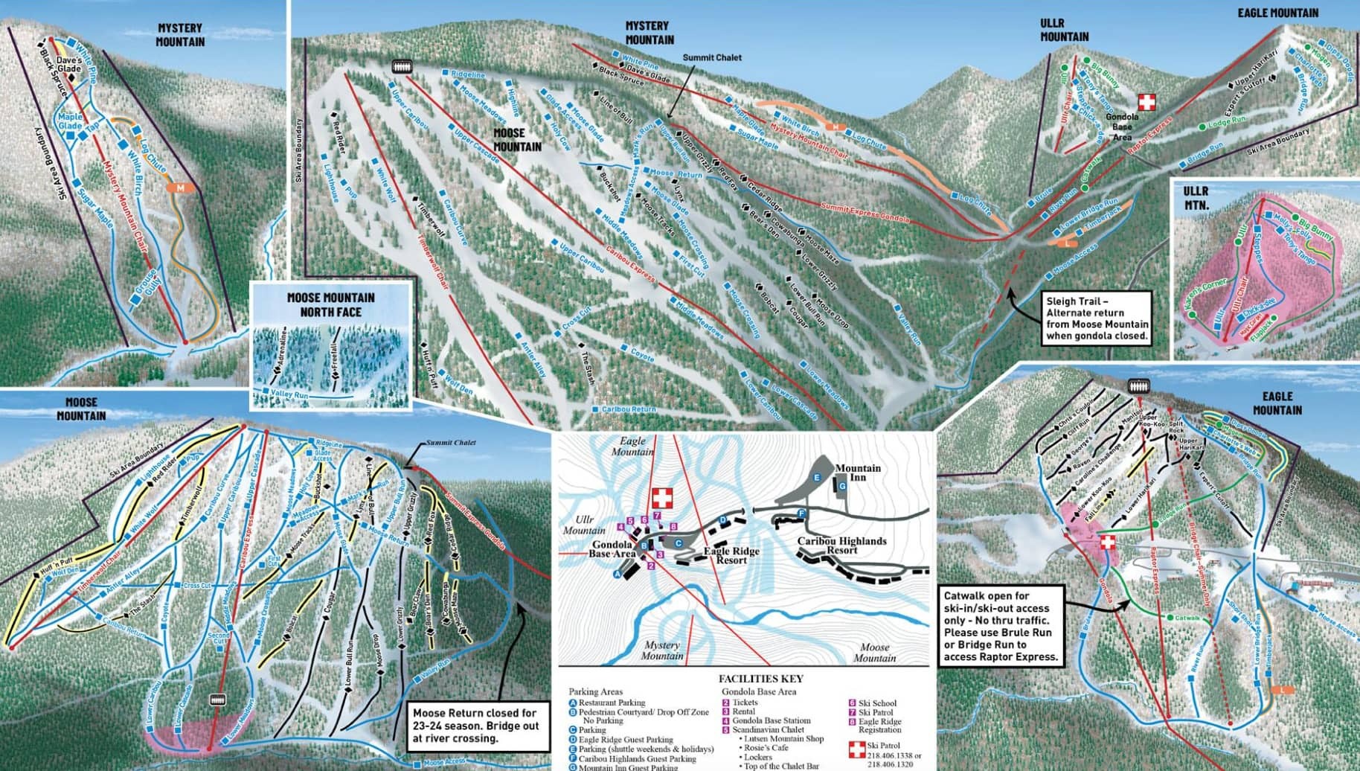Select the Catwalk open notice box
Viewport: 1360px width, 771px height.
tap(1001, 626)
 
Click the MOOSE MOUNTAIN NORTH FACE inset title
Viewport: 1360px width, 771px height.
tap(331, 304)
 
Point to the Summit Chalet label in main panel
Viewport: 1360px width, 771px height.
tap(712, 57)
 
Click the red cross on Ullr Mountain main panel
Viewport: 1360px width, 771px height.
tap(1147, 102)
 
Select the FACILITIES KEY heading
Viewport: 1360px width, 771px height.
tap(760, 679)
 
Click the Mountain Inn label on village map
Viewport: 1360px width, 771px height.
tap(857, 473)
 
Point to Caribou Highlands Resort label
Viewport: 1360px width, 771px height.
tap(841, 546)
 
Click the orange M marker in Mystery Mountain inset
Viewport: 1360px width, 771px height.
tap(180, 188)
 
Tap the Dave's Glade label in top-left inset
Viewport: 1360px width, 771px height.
tap(68, 64)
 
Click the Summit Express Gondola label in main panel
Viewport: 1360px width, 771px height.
tap(865, 213)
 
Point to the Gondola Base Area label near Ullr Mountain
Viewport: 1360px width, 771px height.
tap(1122, 127)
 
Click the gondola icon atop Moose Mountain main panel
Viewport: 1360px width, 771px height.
tap(402, 66)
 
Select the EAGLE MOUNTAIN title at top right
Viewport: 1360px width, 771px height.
tap(1277, 13)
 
